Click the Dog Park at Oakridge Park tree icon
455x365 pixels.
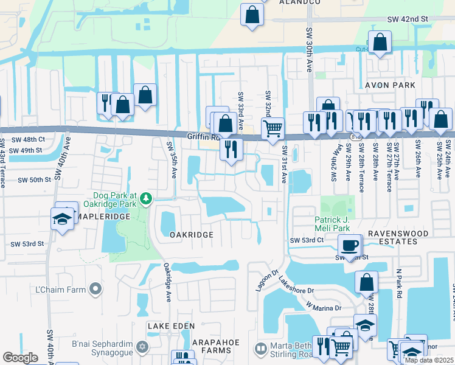146,198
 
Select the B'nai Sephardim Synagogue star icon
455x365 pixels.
142,347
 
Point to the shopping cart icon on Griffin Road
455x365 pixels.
273,128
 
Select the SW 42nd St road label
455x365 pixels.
408,19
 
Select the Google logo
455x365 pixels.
20,358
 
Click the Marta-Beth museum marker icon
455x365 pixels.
261,349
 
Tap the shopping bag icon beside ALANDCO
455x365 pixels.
252,14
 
